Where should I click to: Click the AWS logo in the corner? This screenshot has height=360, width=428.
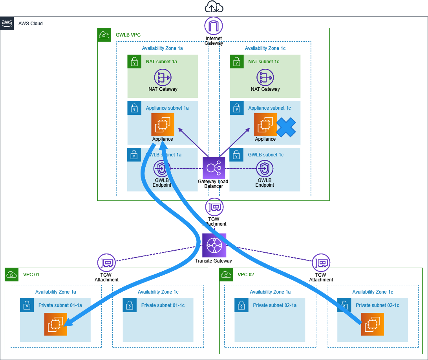(7, 23)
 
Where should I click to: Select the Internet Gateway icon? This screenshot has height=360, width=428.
(214, 26)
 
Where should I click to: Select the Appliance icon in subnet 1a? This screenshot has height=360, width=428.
(163, 125)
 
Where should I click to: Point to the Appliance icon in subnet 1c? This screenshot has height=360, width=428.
(265, 125)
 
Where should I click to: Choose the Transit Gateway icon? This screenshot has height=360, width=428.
(214, 245)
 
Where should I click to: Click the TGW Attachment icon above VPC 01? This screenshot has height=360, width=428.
(106, 262)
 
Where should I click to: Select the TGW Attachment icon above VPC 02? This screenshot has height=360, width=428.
(321, 262)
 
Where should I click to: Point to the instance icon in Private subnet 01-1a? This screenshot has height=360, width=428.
(55, 324)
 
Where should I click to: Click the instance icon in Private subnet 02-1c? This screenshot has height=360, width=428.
(373, 324)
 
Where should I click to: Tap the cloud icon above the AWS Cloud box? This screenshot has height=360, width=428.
(214, 7)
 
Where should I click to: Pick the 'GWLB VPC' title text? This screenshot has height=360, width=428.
(128, 35)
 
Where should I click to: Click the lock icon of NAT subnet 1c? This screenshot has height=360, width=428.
(236, 61)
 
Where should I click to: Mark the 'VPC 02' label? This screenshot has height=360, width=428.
(246, 275)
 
